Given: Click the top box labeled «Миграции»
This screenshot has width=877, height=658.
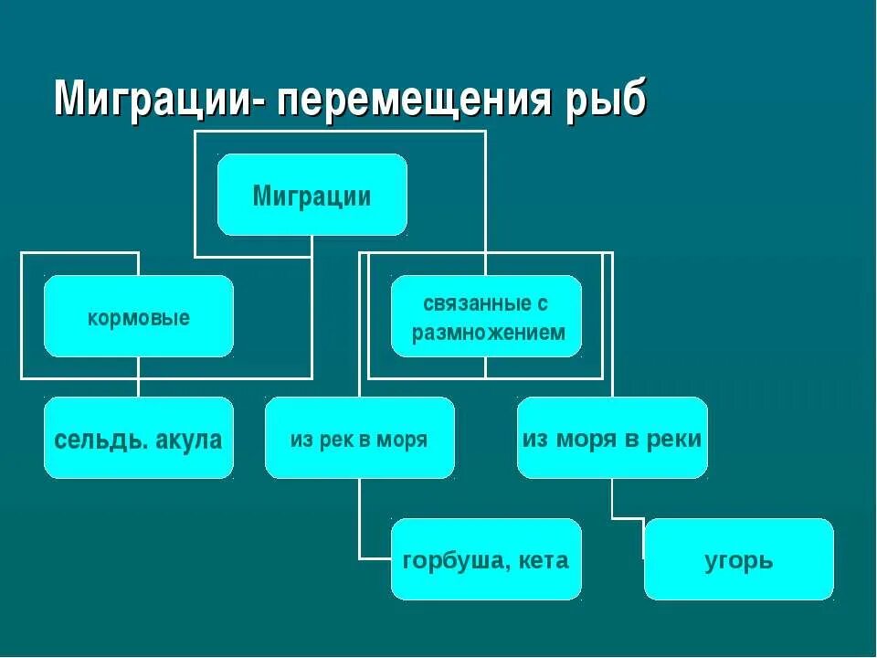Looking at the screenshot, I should [312, 195].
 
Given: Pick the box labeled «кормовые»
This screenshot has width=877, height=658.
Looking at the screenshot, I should [139, 316].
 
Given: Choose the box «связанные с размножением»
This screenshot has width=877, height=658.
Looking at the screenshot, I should [486, 316].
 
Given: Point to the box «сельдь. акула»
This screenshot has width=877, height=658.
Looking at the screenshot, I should [139, 438].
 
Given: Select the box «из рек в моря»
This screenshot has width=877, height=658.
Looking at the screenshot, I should [360, 438].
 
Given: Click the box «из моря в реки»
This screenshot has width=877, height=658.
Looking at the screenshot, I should [612, 438].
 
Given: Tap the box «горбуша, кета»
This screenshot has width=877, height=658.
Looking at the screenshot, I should [486, 559].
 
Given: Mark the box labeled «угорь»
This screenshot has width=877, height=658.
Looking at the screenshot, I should [738, 559].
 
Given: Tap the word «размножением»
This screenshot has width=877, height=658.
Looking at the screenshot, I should [489, 333].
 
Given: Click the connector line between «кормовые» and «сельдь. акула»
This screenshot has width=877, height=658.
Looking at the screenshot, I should [139, 377].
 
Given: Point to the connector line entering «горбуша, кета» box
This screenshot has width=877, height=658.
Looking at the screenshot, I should [375, 557].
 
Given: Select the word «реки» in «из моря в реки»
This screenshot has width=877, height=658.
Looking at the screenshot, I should [677, 439].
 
